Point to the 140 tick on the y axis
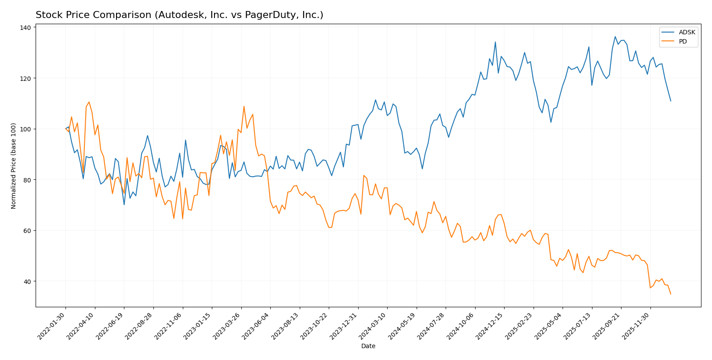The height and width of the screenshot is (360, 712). click(26, 28)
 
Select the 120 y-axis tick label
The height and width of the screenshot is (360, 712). click(26, 78)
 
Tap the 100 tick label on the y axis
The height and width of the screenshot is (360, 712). click(26, 129)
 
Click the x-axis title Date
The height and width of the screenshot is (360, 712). click(368, 346)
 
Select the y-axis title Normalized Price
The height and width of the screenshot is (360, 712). click(14, 166)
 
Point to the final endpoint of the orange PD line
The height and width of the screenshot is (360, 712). click(671, 294)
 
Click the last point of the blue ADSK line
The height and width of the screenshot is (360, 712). click(671, 101)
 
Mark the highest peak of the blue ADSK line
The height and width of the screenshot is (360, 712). click(615, 36)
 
